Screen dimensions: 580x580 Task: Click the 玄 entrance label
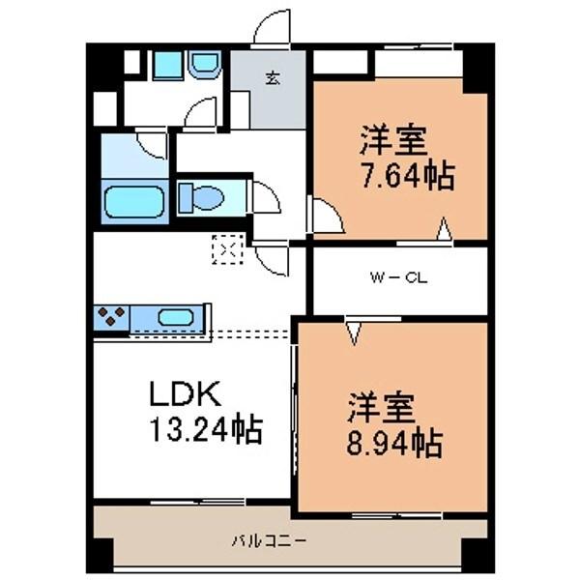tap(274, 78)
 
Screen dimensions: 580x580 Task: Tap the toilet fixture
tap(201, 198)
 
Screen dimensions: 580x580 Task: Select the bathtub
tap(132, 203)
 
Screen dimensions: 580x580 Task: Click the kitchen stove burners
tap(110, 315)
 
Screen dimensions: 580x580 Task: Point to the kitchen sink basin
tap(175, 316)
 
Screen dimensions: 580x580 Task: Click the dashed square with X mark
tap(225, 250)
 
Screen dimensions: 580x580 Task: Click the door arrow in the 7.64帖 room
tap(444, 229)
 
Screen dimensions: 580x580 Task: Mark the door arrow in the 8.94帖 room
tap(354, 333)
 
